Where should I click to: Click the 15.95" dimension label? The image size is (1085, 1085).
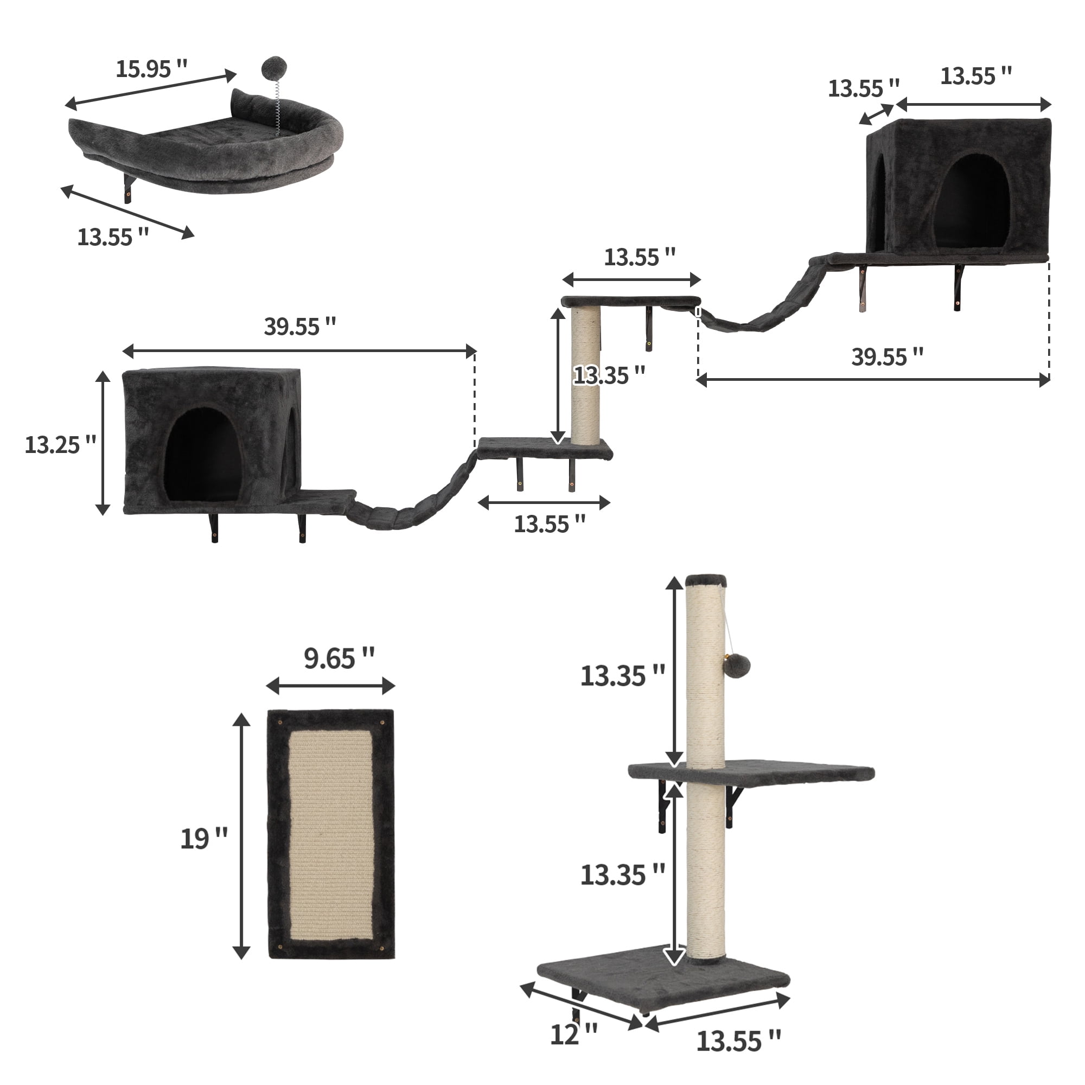pyautogui.click(x=151, y=69)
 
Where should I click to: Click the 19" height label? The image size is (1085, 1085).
pyautogui.click(x=203, y=839)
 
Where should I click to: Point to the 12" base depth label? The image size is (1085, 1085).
pyautogui.click(x=573, y=1035)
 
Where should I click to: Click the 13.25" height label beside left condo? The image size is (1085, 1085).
pyautogui.click(x=60, y=445)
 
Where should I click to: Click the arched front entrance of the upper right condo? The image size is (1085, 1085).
pyautogui.click(x=973, y=202)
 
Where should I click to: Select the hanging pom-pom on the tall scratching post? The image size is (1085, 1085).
pyautogui.click(x=737, y=667)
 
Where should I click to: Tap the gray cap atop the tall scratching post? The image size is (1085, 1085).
pyautogui.click(x=706, y=580)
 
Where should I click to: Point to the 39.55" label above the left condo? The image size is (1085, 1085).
pyautogui.click(x=299, y=326)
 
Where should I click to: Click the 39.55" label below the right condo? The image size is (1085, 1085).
pyautogui.click(x=887, y=356)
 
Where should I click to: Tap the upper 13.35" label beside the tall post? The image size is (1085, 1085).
pyautogui.click(x=622, y=675)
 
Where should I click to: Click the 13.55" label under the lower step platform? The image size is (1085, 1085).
pyautogui.click(x=549, y=524)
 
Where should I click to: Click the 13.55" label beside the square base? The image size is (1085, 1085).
pyautogui.click(x=738, y=1041)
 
